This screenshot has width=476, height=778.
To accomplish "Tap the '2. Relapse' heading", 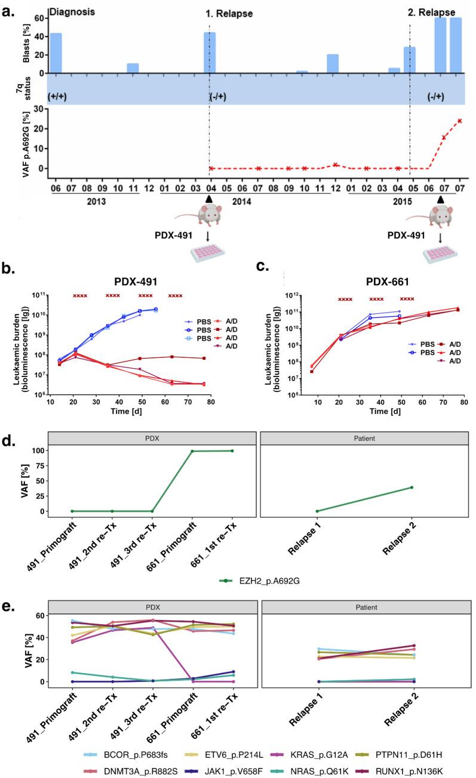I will (431, 12).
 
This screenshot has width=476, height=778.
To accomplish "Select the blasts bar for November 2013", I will (133, 68).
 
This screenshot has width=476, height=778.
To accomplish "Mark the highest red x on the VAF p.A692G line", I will (460, 121).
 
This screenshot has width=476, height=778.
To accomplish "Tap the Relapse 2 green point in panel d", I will (411, 487).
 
